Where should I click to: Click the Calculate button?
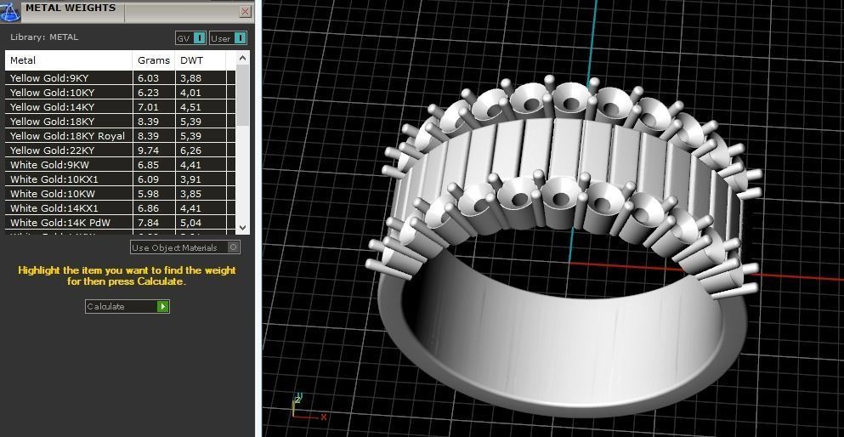(127, 306)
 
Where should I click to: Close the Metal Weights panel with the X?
(245, 12)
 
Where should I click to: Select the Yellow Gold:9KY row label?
(49, 78)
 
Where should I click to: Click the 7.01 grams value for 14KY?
(149, 107)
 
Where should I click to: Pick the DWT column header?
(191, 60)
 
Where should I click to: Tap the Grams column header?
(154, 60)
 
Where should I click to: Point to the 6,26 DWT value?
(190, 150)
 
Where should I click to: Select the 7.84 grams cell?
(149, 223)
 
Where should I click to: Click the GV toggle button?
(190, 38)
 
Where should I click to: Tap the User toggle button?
(228, 38)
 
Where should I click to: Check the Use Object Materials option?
(234, 247)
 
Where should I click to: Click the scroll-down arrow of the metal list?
(242, 227)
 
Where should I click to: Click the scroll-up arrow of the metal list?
(242, 59)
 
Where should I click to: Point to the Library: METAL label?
(44, 37)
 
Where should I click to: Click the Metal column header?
(23, 60)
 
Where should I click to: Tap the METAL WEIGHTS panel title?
(70, 9)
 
